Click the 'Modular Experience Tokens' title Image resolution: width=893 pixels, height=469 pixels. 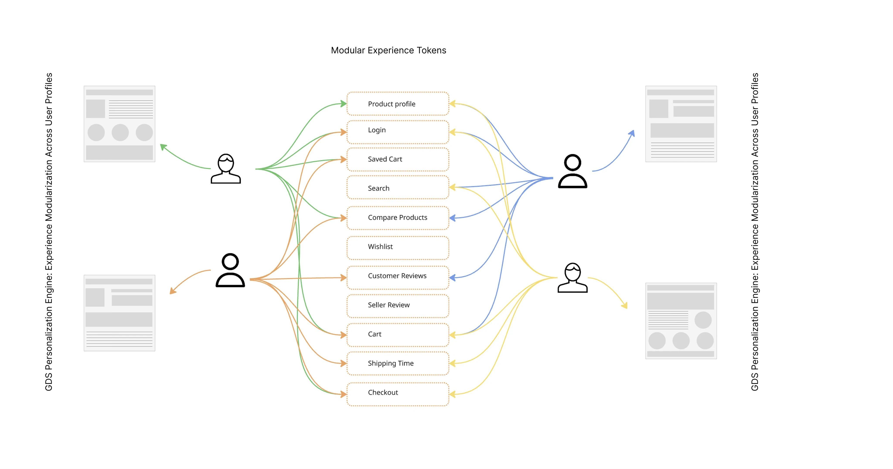388,50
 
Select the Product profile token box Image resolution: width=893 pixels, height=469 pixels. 398,104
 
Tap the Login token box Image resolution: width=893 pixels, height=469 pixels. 398,132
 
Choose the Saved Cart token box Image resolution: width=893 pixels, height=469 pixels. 398,159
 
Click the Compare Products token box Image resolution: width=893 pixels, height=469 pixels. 398,217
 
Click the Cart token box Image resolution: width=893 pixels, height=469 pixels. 398,334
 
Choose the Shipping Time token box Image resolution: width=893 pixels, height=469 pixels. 398,363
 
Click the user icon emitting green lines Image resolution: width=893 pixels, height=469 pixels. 226,169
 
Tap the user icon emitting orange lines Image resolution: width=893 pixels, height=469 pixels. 230,270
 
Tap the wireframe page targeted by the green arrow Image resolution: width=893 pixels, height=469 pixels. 119,124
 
